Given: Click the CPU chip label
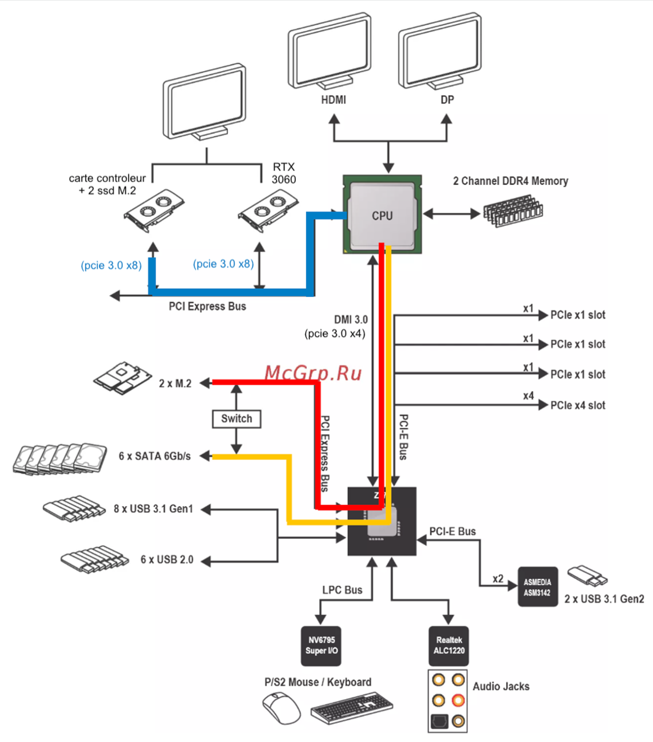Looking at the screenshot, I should tap(382, 215).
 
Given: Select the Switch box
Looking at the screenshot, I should tap(236, 419).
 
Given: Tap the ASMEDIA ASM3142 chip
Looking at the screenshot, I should tap(537, 587).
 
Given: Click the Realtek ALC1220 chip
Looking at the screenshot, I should tap(448, 645).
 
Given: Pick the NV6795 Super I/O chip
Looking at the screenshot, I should tap(321, 645).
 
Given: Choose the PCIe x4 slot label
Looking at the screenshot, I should tap(577, 405).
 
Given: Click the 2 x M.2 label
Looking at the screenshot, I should tap(175, 383).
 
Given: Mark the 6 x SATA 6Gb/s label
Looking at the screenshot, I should tap(155, 456).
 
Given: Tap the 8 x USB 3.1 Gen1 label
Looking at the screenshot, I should tap(153, 509).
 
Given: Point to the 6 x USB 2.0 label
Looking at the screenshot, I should tap(167, 560).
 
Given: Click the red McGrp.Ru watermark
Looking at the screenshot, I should tap(313, 373).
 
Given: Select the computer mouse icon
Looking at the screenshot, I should tap(281, 708).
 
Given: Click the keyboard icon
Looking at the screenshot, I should tap(351, 708).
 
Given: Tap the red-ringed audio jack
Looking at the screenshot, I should tap(458, 700).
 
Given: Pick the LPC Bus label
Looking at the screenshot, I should tap(342, 590).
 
